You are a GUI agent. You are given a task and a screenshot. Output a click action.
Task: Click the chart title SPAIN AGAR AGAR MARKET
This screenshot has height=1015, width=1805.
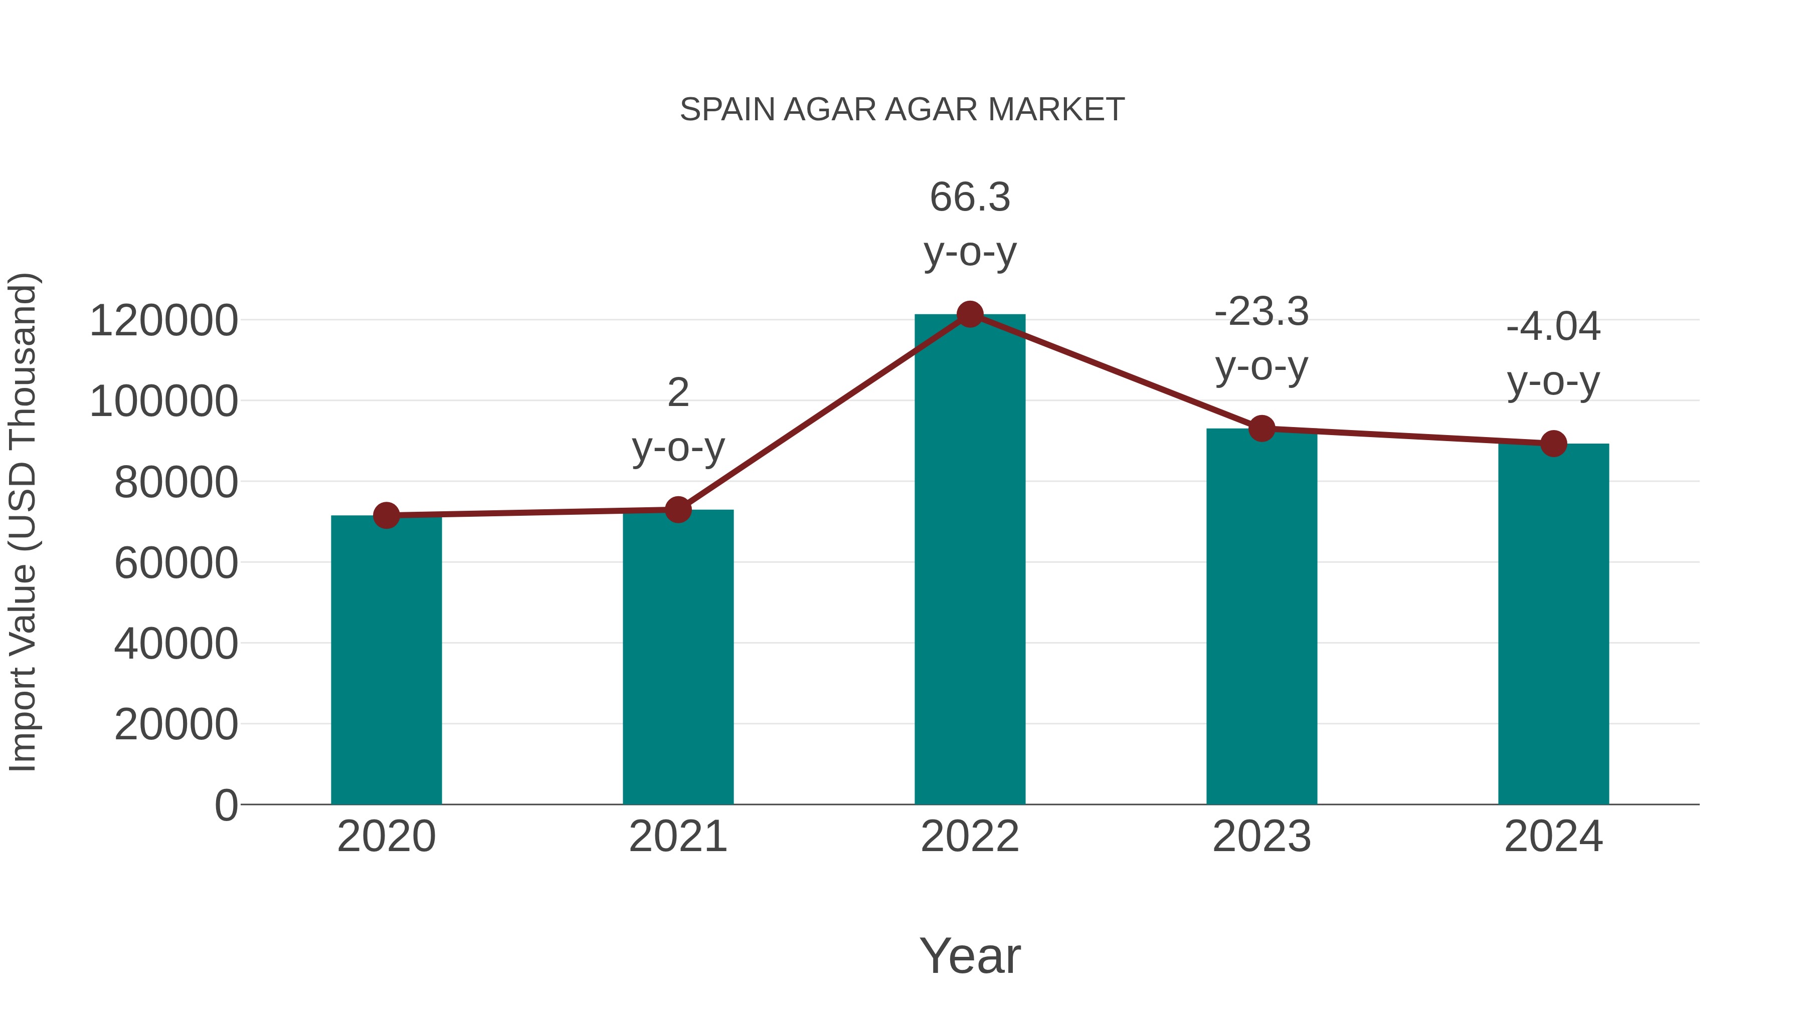point(902,110)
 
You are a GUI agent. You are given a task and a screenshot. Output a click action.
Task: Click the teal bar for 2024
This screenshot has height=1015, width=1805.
point(1553,624)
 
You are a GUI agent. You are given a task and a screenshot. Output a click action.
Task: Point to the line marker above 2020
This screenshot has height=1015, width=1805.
point(386,516)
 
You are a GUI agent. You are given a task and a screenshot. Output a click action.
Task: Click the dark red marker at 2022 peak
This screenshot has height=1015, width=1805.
point(970,314)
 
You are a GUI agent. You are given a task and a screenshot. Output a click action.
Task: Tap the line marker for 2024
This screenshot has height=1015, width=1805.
point(1553,444)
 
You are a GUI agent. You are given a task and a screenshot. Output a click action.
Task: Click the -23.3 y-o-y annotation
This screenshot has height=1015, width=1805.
point(1261,338)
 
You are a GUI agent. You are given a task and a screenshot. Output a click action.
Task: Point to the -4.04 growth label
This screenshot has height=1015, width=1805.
point(1553,354)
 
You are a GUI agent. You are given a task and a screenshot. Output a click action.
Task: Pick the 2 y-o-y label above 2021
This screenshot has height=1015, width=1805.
point(677,420)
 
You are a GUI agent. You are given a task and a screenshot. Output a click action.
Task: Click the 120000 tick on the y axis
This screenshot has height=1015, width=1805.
point(163,321)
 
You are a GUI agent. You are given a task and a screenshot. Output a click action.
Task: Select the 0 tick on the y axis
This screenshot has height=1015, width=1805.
point(226,805)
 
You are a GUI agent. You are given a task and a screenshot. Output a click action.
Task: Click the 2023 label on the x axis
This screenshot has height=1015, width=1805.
point(1261,837)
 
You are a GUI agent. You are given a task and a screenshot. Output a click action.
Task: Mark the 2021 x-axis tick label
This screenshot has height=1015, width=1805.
point(677,837)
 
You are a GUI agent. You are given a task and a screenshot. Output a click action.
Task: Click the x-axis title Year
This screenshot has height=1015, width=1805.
point(970,955)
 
